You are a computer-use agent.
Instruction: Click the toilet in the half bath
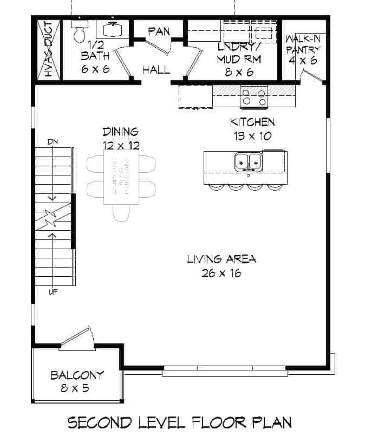pyautogui.click(x=79, y=31)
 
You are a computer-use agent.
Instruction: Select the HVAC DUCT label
pyautogui.click(x=48, y=49)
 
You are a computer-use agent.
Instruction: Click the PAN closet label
pyautogui.click(x=159, y=31)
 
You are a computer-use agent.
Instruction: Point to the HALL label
pyautogui.click(x=156, y=69)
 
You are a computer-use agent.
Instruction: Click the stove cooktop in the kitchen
pyautogui.click(x=254, y=96)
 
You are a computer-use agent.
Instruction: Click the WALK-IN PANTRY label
pyautogui.click(x=303, y=49)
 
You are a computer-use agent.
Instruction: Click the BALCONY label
pyautogui.click(x=77, y=375)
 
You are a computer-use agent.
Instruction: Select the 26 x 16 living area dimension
pyautogui.click(x=221, y=273)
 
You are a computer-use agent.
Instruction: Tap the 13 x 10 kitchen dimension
pyautogui.click(x=252, y=136)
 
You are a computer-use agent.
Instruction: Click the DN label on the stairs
pyautogui.click(x=53, y=142)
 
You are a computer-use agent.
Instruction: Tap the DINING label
pyautogui.click(x=121, y=132)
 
